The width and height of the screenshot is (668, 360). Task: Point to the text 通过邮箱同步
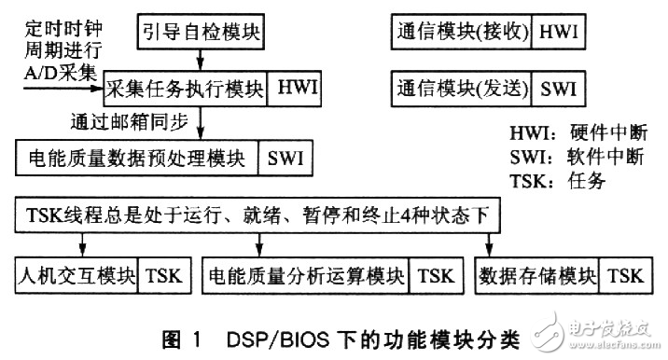coord(127,121)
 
